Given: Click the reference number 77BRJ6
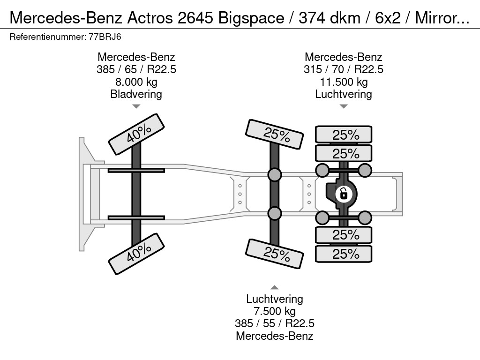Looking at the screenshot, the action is tap(105, 37).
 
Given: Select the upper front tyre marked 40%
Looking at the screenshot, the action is tap(136, 135).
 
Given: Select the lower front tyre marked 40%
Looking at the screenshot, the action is tap(136, 254).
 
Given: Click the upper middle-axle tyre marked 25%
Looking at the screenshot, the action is tap(275, 135).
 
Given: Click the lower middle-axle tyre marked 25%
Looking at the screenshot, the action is tap(275, 254).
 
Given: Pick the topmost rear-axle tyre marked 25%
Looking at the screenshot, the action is tap(344, 135).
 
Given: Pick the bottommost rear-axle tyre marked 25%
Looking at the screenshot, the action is tap(344, 254).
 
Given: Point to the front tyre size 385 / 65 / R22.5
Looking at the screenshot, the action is tap(136, 69).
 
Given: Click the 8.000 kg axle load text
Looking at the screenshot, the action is tap(136, 82).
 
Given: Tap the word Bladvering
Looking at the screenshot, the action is tap(136, 94).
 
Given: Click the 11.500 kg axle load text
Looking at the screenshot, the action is tap(344, 82).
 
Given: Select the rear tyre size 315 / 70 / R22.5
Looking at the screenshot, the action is tap(344, 69).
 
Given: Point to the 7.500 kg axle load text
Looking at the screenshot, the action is tap(275, 311).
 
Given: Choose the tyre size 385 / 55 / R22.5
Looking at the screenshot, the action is tap(275, 323).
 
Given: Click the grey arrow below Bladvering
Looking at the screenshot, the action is tap(136, 106).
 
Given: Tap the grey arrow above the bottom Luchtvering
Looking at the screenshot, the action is tap(275, 287).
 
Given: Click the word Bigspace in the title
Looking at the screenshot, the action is tap(251, 18).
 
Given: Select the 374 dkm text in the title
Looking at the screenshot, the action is tap(330, 18).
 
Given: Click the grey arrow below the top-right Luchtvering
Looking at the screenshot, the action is tap(344, 106).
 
